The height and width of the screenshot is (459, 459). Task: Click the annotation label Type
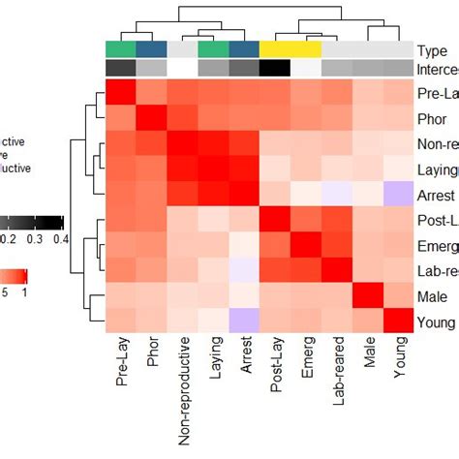(435, 50)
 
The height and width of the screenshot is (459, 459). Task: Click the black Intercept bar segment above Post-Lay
(275, 68)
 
